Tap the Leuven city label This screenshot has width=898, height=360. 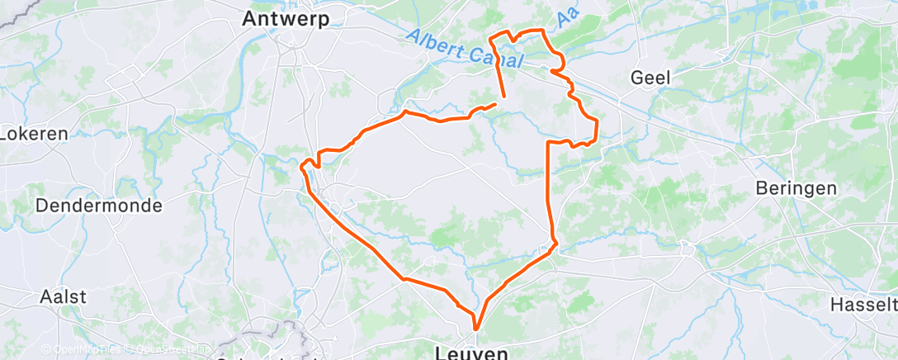pyautogui.click(x=471, y=353)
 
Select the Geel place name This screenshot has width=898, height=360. pyautogui.click(x=650, y=78)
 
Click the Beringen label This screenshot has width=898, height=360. pyautogui.click(x=796, y=188)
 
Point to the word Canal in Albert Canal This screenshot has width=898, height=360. pyautogui.click(x=499, y=57)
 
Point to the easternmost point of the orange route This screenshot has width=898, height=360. pyautogui.click(x=597, y=124)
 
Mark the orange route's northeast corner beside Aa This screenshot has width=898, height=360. pyautogui.click(x=544, y=31)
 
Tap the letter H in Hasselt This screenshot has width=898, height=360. pyautogui.click(x=836, y=305)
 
